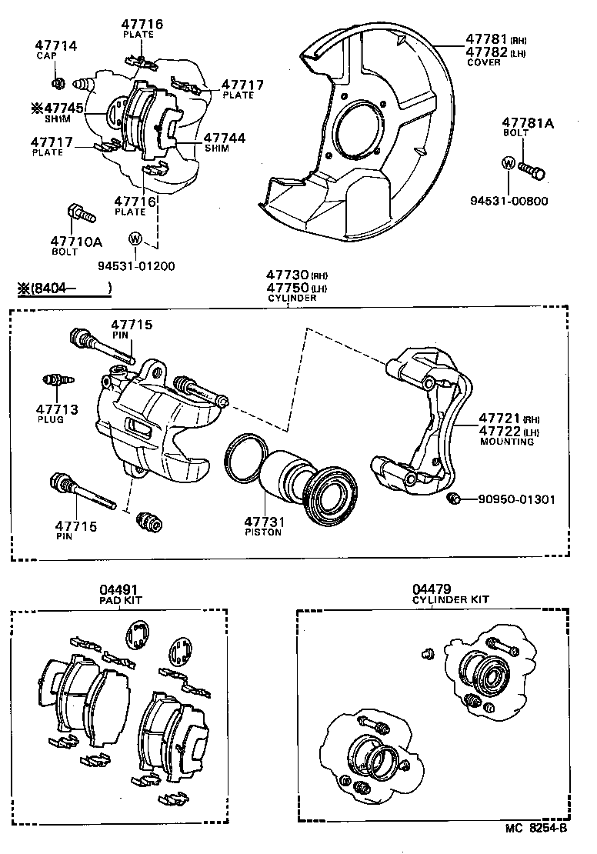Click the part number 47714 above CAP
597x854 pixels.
(57, 46)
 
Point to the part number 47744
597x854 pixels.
(225, 138)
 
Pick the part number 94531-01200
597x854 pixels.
(136, 266)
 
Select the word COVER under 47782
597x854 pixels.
(484, 62)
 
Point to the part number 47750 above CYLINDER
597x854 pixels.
(287, 287)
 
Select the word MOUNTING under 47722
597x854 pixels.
(507, 442)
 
